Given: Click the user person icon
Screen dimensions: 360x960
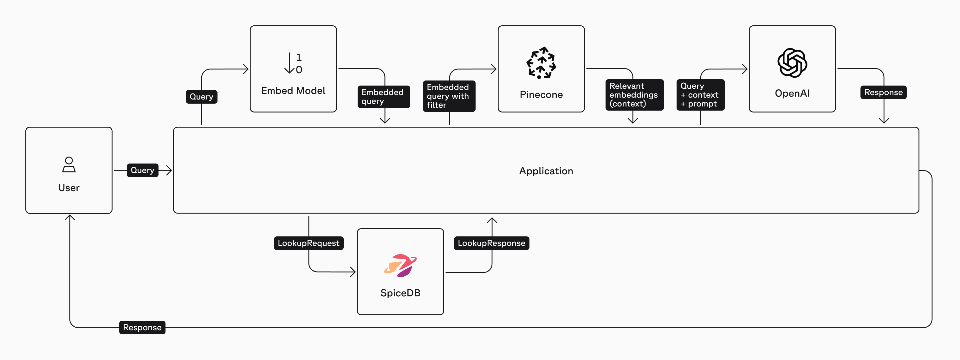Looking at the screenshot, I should (x=69, y=164).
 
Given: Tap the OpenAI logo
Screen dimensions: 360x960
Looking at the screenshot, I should (x=792, y=63).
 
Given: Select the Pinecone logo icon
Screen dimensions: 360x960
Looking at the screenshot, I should (x=541, y=63).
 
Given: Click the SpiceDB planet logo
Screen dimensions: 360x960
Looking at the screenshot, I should (x=400, y=265).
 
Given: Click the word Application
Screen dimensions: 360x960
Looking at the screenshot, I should (x=546, y=171).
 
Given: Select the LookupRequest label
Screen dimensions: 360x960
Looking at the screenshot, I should (x=308, y=243).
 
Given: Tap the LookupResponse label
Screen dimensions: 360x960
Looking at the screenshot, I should (x=491, y=243).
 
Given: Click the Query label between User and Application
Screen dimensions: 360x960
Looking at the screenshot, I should (x=142, y=170).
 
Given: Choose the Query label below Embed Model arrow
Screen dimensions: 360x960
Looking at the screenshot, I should (x=201, y=97).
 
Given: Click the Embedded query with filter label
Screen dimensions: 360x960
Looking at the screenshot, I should (x=449, y=96).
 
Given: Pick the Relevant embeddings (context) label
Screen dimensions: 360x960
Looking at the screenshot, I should (x=634, y=95).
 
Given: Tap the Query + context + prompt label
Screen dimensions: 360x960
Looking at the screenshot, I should (x=700, y=95).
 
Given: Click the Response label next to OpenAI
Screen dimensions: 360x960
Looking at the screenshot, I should (x=883, y=93).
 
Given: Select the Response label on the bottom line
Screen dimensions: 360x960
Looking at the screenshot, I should (x=142, y=327).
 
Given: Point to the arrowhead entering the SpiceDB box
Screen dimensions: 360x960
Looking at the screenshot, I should (x=353, y=272).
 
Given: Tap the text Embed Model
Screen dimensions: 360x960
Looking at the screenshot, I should (x=293, y=91).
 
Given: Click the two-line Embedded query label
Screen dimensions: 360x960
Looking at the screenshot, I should (x=383, y=97).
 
